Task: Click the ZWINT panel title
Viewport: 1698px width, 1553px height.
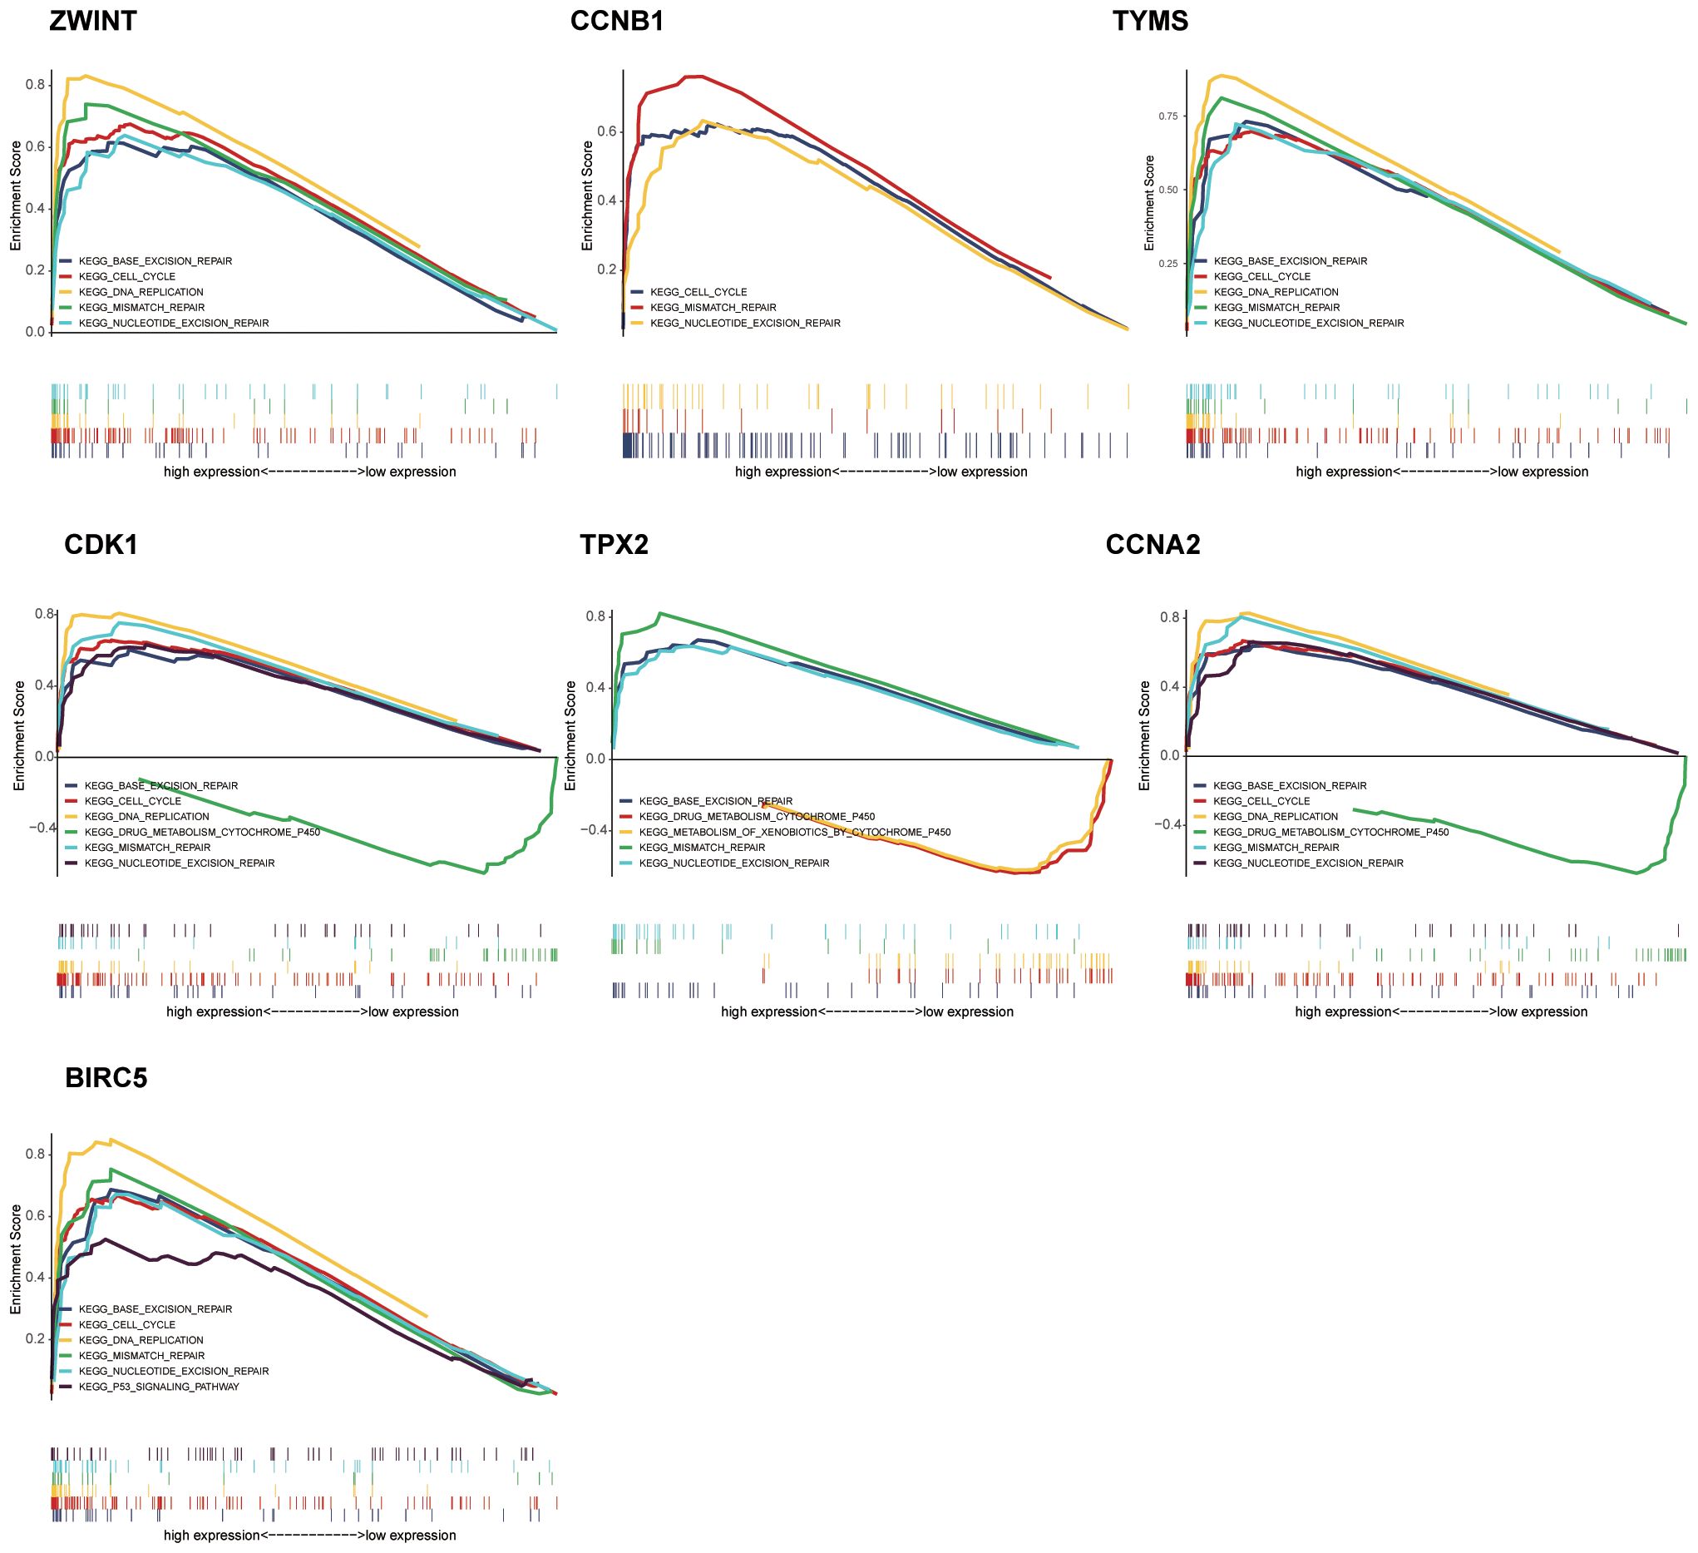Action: coord(92,21)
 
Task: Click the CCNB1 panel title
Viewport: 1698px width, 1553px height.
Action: coord(616,21)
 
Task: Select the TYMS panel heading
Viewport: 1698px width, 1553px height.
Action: coord(1150,21)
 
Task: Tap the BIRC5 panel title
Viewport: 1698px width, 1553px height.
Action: coord(106,1078)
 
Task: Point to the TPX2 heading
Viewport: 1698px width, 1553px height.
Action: coord(614,545)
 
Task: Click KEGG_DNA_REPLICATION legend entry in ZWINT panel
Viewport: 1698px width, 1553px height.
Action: coord(141,293)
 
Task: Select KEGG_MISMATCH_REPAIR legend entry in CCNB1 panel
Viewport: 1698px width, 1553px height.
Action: coord(713,308)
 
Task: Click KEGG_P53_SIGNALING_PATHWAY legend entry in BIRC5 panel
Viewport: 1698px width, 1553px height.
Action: coord(158,1386)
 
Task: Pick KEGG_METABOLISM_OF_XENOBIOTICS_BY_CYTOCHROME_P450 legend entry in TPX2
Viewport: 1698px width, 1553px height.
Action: coord(794,833)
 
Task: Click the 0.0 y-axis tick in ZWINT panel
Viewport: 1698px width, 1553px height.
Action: coord(35,332)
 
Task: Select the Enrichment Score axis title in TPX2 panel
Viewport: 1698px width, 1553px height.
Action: coord(570,735)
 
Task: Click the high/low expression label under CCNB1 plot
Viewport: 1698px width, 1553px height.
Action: coord(881,472)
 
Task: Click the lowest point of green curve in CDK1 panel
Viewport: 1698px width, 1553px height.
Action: coord(485,873)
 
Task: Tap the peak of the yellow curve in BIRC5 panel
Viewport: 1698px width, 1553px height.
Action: coord(111,1140)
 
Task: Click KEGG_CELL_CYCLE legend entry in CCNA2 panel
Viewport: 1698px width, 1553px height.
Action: coord(1261,801)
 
